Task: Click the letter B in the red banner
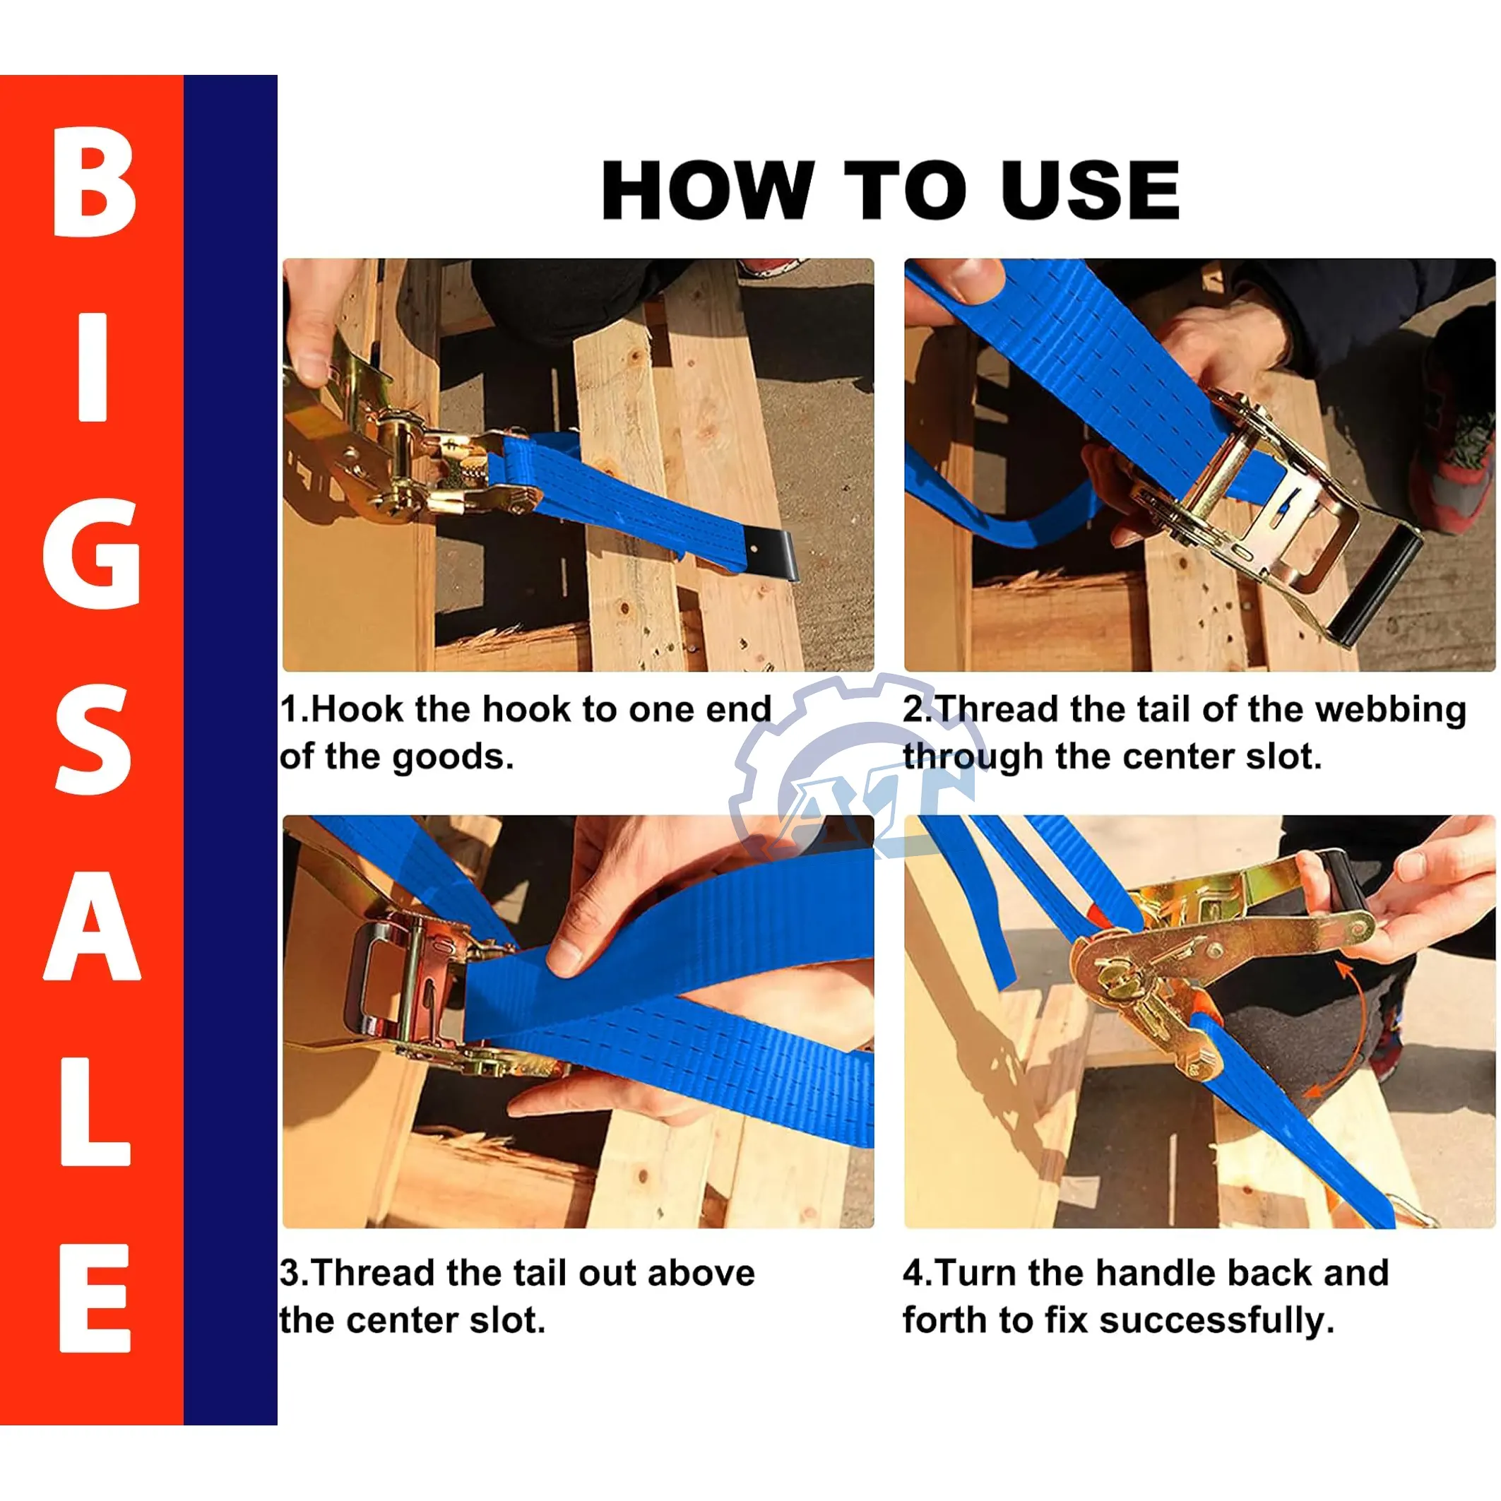(x=95, y=181)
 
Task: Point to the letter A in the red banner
(x=93, y=925)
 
